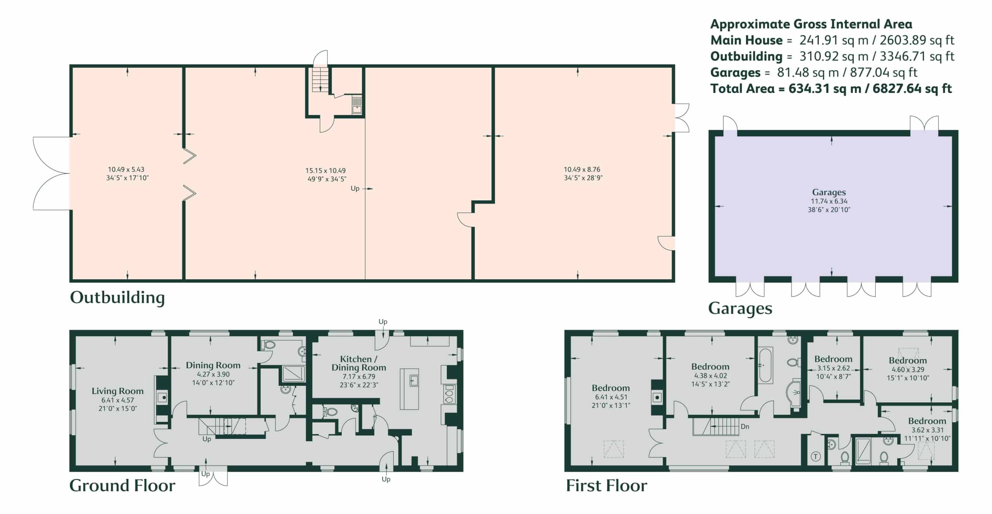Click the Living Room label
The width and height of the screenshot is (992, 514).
coord(117,391)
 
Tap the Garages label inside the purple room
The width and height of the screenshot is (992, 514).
coord(829,192)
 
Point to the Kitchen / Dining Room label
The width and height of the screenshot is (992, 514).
coord(358,363)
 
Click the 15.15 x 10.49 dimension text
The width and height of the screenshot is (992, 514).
coord(325,170)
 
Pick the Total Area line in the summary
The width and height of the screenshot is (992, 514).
coord(831,89)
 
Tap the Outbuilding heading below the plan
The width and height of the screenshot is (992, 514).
coord(117,297)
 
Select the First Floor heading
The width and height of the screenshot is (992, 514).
coord(606,486)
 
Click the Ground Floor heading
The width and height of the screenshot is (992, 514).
coord(122,486)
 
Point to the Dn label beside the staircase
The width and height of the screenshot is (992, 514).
coord(745,427)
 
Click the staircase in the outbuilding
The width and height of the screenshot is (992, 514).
coord(320,80)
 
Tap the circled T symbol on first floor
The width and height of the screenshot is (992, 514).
coord(816,457)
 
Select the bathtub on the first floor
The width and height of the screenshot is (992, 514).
coord(765,366)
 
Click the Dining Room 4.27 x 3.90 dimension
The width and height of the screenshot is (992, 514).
coord(213,375)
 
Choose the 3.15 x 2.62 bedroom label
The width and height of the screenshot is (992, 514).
coord(833,368)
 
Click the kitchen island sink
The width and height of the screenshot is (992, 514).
coord(414,380)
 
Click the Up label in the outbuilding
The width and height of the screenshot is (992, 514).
coord(355,189)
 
